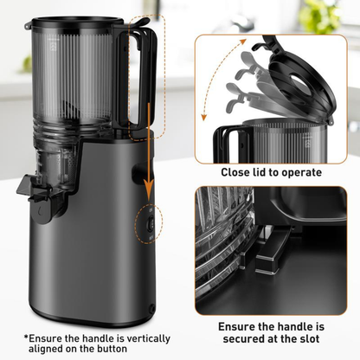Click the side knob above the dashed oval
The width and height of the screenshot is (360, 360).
tap(138, 173)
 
